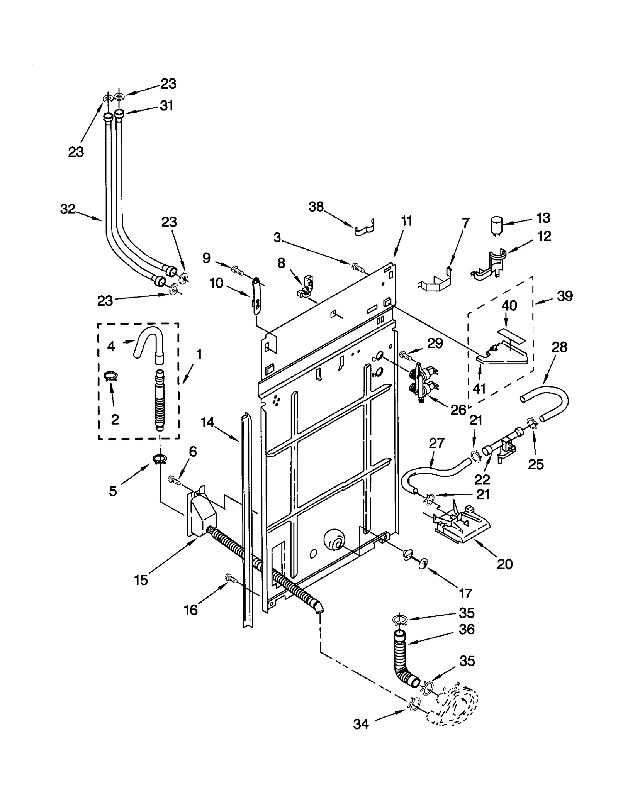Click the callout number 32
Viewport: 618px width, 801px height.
tap(68, 209)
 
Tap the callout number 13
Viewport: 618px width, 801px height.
tap(543, 218)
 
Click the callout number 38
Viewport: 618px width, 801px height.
tap(316, 207)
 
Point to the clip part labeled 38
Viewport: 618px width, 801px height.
tap(364, 228)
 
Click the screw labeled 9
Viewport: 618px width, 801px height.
tap(237, 270)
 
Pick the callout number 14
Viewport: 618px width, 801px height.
tap(207, 423)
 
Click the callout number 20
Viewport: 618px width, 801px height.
tap(504, 564)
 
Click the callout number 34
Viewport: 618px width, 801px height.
tap(361, 725)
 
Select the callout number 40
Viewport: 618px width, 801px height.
tap(509, 306)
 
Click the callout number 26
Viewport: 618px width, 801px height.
tap(458, 410)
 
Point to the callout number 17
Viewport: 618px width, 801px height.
tap(465, 593)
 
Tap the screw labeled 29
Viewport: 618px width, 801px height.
tap(406, 353)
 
